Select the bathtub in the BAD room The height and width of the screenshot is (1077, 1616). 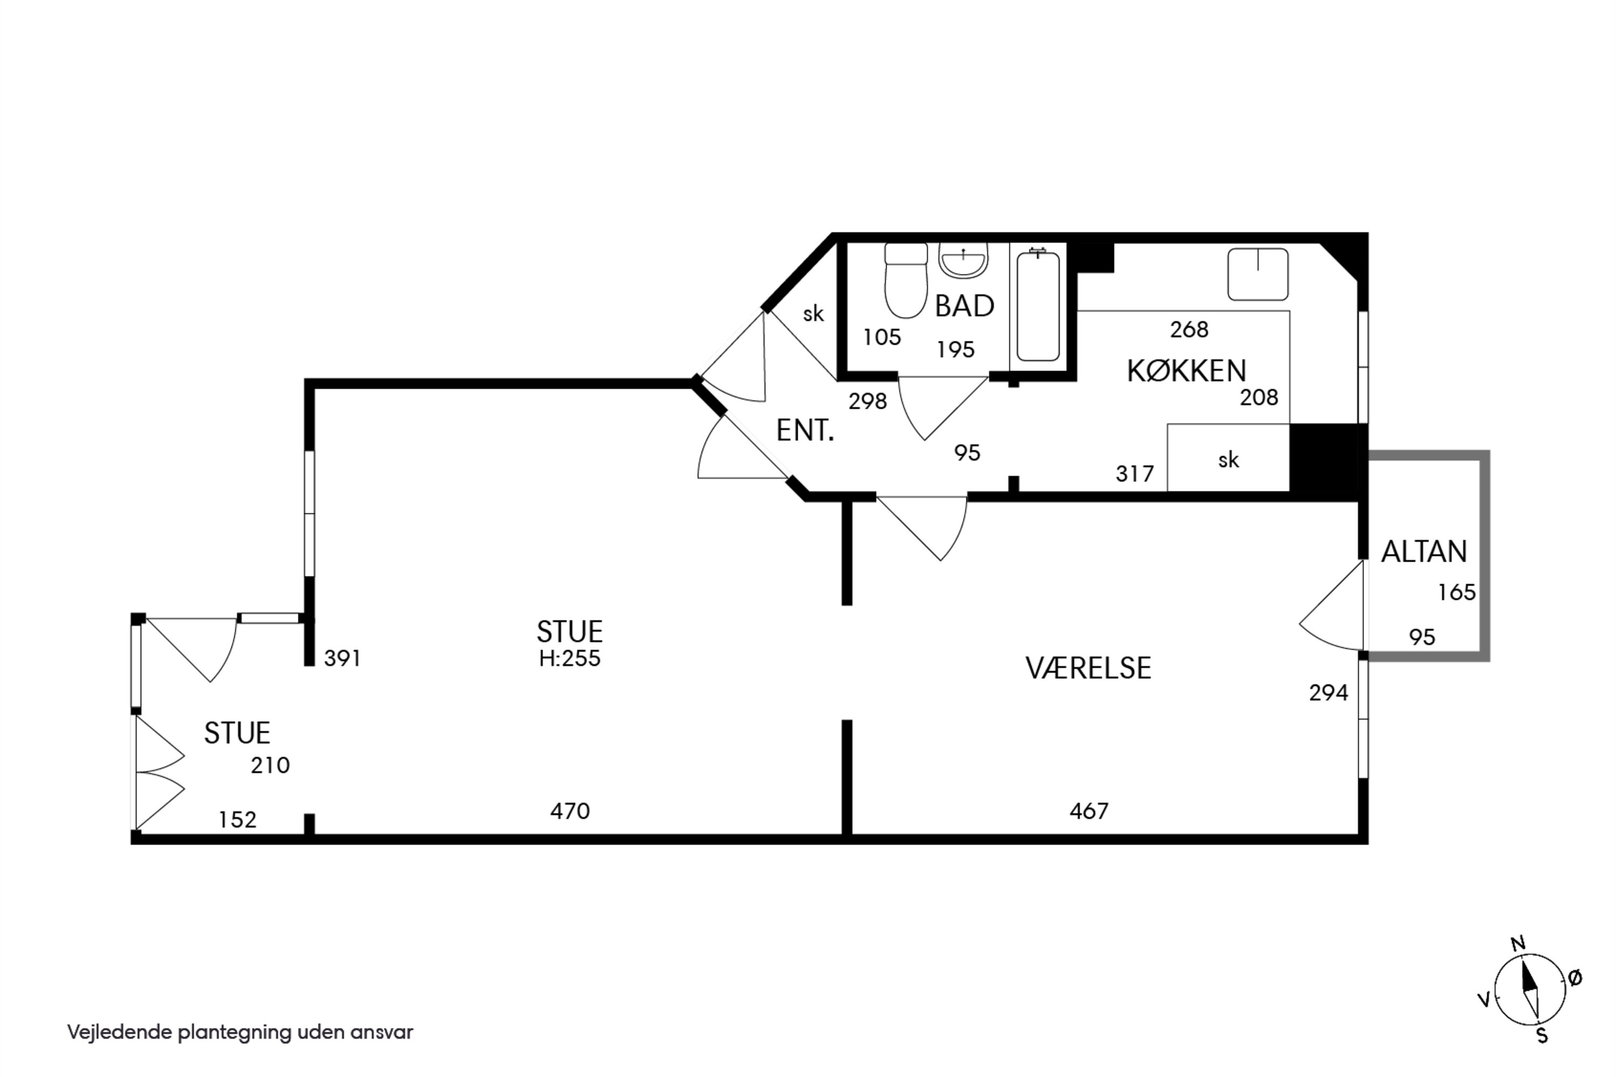click(x=1037, y=306)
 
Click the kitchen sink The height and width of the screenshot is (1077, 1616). click(x=1257, y=274)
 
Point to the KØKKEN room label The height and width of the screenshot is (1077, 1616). click(x=1186, y=371)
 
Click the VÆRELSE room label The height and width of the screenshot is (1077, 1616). click(x=1088, y=668)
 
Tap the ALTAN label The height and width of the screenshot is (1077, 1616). click(x=1424, y=551)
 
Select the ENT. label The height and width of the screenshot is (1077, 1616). click(x=805, y=431)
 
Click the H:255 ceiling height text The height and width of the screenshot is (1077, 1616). click(x=569, y=658)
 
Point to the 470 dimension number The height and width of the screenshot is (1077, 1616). click(x=569, y=811)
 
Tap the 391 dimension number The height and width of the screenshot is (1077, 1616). click(x=342, y=658)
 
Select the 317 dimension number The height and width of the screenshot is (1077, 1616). click(x=1134, y=473)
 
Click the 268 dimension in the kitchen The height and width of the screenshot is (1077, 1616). click(x=1189, y=330)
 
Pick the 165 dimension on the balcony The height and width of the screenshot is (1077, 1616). click(x=1457, y=591)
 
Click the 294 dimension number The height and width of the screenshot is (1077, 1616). click(x=1328, y=693)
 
